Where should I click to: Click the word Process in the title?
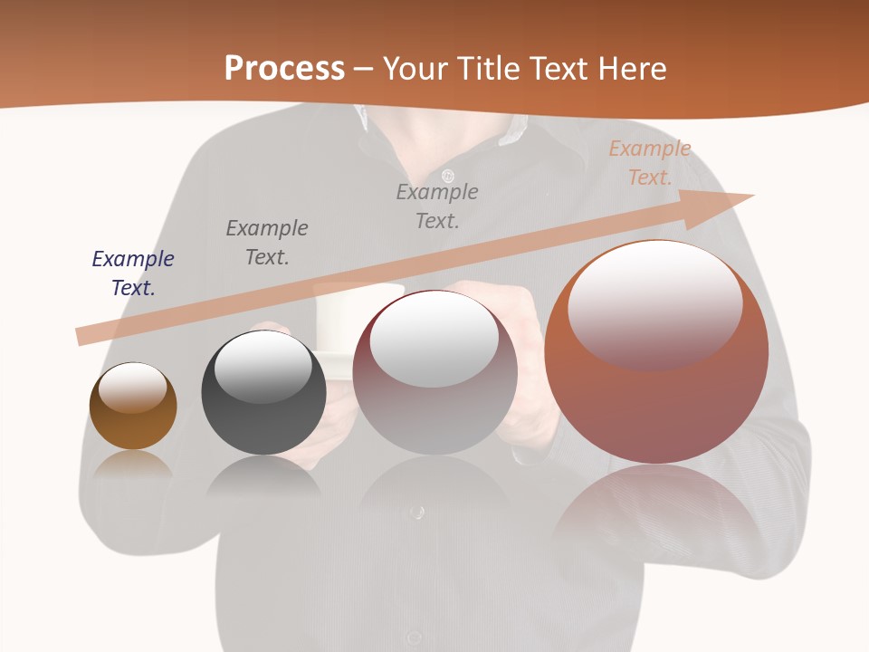tap(284, 69)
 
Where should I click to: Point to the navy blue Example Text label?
tap(133, 273)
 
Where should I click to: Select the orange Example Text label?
tap(650, 163)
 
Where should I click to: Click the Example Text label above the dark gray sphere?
tap(267, 243)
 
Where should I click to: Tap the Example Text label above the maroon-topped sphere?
tap(437, 206)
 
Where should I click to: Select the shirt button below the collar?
tap(447, 175)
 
